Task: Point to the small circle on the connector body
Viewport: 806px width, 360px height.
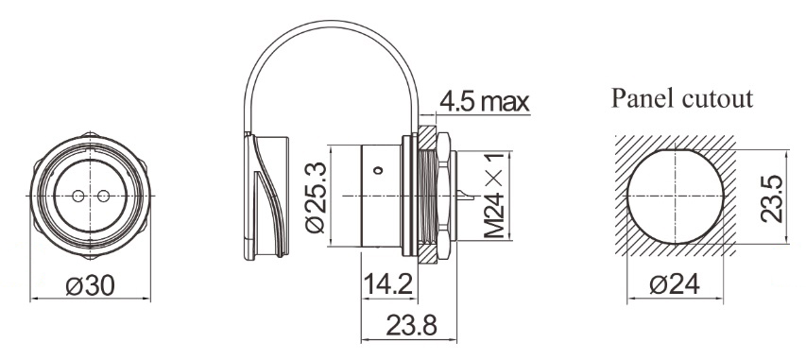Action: [x=378, y=171]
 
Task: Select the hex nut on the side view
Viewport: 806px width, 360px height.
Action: [x=442, y=196]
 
